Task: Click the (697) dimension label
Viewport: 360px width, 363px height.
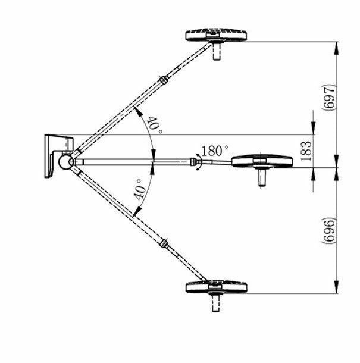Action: (331, 95)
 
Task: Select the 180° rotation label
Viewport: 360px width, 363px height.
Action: (215, 150)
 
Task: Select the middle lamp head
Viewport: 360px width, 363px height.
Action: (262, 160)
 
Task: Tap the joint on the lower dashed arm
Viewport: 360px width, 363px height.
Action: (165, 243)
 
